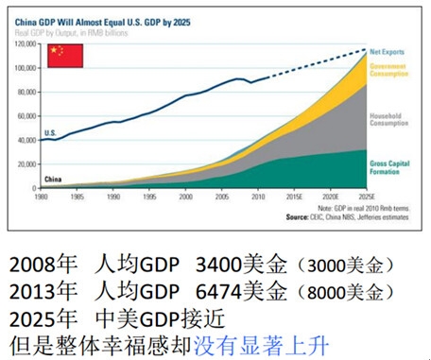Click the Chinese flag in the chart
tap(65, 55)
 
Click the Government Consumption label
tap(388, 72)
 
